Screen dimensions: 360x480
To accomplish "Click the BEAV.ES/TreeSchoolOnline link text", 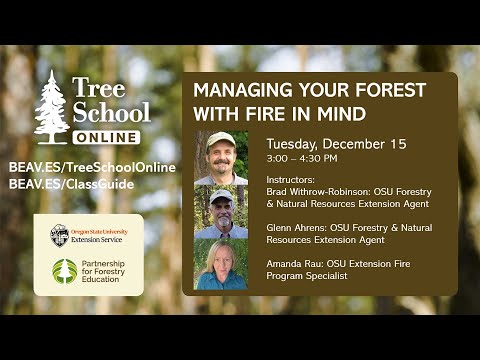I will pyautogui.click(x=91, y=167).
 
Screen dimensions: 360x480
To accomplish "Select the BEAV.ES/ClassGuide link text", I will pyautogui.click(x=70, y=184).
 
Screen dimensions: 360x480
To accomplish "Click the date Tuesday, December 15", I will pyautogui.click(x=334, y=144).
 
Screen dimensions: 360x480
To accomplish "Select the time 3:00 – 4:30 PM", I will pyautogui.click(x=301, y=158).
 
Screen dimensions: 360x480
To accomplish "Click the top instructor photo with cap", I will pyautogui.click(x=220, y=158).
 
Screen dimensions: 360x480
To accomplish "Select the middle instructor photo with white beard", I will pyautogui.click(x=220, y=212).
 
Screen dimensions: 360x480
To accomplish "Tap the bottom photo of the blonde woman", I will pyautogui.click(x=220, y=265).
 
